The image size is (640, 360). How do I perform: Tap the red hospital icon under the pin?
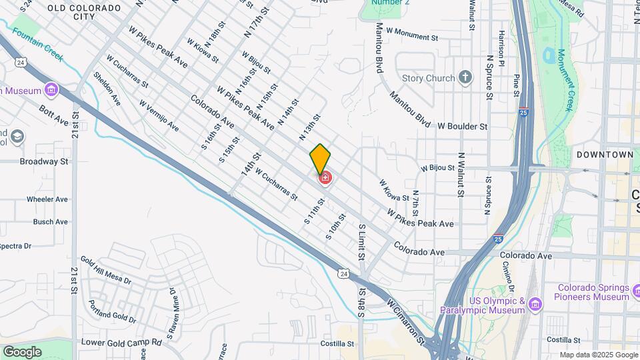coord(325,178)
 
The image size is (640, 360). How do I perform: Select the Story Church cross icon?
coord(466,77)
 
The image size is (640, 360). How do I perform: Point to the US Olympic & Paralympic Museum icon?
coord(535,305)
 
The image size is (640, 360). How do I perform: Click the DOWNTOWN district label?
coord(605,154)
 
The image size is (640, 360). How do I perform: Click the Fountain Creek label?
coord(37,45)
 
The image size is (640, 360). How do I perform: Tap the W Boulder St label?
coord(463,125)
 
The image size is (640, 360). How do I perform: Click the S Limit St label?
coord(362,243)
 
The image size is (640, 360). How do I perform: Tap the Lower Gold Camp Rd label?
coord(121,342)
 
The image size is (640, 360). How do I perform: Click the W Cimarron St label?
coord(405,311)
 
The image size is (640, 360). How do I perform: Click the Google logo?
coord(22,351)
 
